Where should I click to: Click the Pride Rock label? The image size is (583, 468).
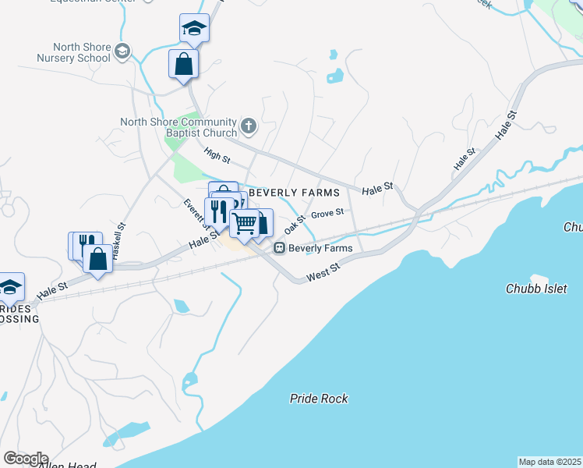(319, 399)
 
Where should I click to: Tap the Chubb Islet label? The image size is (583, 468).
(537, 289)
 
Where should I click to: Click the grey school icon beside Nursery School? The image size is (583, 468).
(122, 52)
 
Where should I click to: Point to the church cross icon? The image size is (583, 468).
(249, 126)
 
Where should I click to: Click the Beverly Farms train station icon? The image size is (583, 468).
(278, 248)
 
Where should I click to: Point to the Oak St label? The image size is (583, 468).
(293, 225)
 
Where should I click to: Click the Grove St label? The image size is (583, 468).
(327, 213)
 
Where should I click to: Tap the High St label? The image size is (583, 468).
(217, 156)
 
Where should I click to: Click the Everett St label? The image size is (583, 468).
(191, 212)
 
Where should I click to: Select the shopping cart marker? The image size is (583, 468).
(245, 224)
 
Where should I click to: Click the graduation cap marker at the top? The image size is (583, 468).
(193, 29)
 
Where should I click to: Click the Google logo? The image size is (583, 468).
(26, 459)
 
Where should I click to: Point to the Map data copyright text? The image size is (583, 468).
(549, 462)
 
